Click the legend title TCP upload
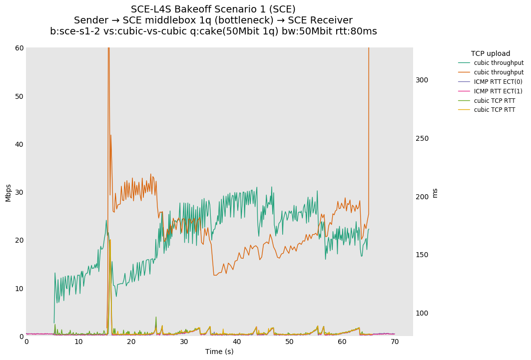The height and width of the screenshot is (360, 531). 490,53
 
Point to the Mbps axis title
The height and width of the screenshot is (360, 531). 8,192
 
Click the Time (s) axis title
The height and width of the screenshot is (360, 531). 219,352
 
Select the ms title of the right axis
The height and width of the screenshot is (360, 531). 435,193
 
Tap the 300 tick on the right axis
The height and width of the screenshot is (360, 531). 422,80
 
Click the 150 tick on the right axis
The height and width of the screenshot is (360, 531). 422,255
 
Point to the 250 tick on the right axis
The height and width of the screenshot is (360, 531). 422,138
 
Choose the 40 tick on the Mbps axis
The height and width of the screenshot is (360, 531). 19,144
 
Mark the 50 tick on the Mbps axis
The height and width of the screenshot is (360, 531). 19,96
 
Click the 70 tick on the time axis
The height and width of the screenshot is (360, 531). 395,342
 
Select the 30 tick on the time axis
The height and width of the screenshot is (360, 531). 184,342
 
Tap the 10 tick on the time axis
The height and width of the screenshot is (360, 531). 79,342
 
